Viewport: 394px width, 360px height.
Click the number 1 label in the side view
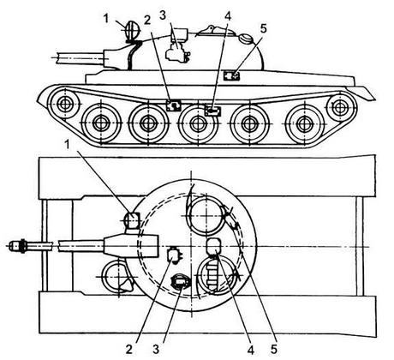[106, 19]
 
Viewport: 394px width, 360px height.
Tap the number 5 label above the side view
[263, 28]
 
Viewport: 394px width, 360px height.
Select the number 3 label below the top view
[156, 349]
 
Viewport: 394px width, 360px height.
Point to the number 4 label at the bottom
[251, 349]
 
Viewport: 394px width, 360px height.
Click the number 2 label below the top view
[129, 349]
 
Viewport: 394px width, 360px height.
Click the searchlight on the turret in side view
[132, 30]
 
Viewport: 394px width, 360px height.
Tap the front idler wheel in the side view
[65, 105]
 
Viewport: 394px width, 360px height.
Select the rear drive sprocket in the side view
[339, 108]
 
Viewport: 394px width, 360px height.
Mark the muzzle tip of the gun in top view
[9, 246]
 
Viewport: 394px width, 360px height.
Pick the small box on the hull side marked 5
[231, 75]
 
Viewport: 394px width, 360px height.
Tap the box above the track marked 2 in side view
[174, 105]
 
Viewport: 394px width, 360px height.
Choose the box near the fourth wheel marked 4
[213, 111]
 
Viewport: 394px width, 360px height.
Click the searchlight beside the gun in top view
[132, 221]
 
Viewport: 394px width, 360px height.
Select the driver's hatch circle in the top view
[114, 277]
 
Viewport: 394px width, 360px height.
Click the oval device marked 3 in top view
[180, 282]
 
